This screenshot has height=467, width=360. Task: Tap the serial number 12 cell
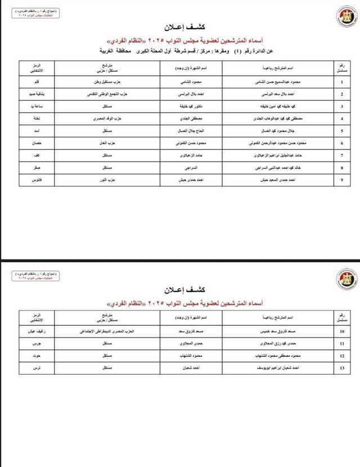click(x=342, y=356)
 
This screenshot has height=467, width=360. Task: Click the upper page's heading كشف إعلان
click(x=180, y=27)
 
